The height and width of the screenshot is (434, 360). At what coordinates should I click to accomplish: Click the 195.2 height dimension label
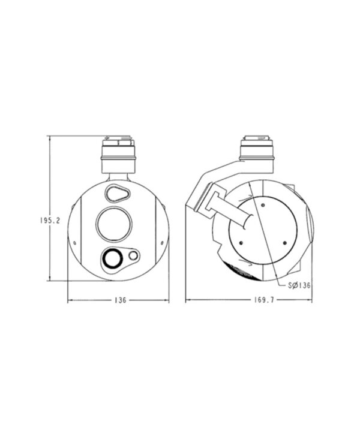50,221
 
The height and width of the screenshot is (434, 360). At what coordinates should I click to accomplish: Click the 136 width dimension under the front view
120,300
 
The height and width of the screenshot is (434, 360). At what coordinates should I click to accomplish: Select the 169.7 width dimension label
264,300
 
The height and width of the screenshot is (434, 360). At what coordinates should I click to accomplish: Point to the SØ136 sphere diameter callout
299,285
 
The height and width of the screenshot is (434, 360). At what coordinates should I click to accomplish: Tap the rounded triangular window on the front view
117,193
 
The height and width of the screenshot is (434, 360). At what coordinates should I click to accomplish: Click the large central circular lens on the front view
114,224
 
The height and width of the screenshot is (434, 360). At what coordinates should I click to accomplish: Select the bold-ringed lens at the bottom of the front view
112,258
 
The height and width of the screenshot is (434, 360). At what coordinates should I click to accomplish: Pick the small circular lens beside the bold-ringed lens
133,256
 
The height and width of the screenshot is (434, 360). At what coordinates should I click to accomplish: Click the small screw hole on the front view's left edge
74,243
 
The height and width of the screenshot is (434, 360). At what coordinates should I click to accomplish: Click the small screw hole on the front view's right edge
162,243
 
